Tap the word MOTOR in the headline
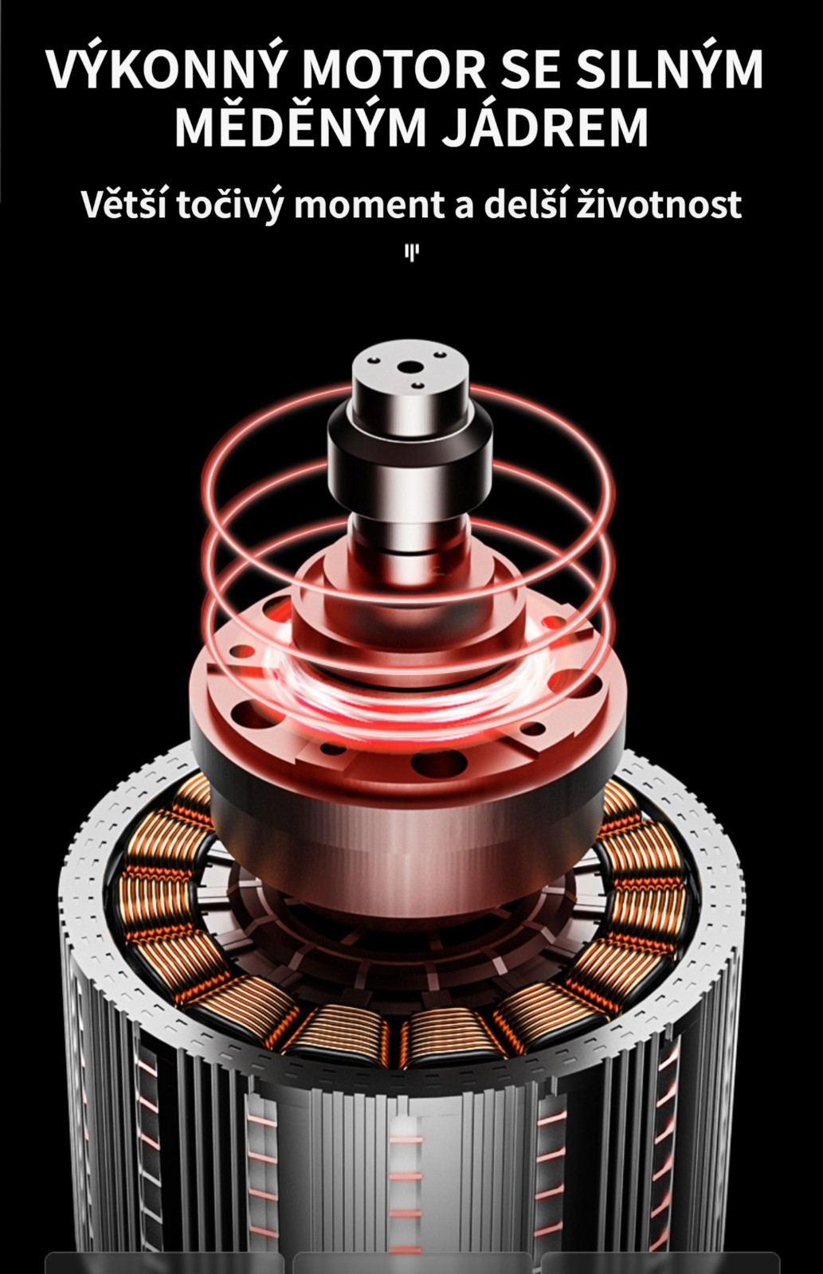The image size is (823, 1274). coord(392,70)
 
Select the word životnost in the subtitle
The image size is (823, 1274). coord(659,204)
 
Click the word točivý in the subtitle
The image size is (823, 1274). coord(230,206)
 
